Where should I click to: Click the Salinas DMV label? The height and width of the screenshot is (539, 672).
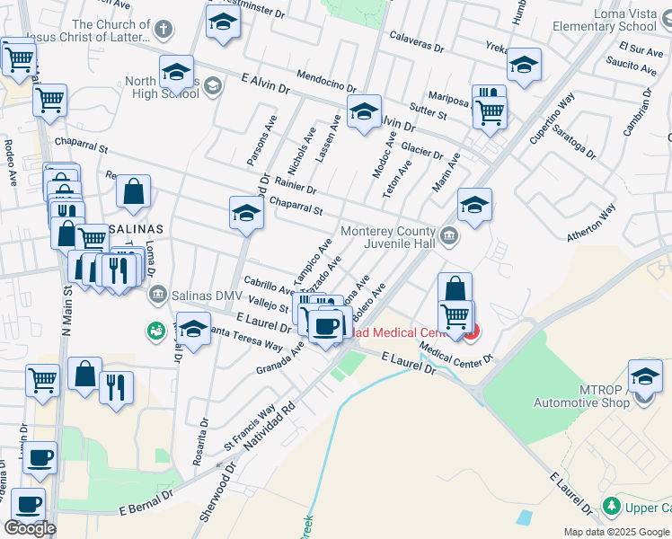pyautogui.click(x=206, y=296)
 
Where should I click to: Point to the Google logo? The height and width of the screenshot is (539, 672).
pyautogui.click(x=30, y=528)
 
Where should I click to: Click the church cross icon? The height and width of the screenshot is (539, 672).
pyautogui.click(x=163, y=30)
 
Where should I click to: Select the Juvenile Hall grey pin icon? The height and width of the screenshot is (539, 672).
pyautogui.click(x=450, y=236)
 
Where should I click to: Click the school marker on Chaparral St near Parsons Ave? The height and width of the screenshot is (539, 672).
pyautogui.click(x=245, y=214)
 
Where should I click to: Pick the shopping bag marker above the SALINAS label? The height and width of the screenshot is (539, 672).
pyautogui.click(x=133, y=191)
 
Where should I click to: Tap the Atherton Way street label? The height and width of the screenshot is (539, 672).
pyautogui.click(x=590, y=223)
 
